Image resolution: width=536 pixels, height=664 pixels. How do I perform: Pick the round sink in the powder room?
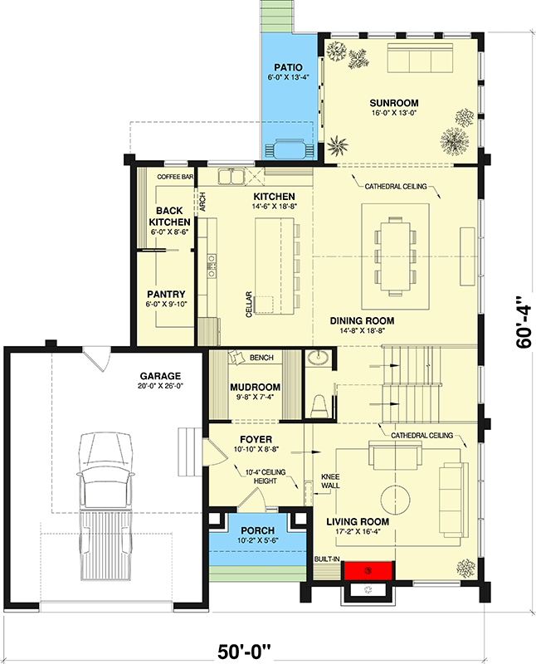point(318,359)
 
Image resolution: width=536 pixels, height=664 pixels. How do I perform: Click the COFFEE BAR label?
point(175,177)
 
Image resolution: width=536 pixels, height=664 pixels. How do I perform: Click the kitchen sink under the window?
point(232,176)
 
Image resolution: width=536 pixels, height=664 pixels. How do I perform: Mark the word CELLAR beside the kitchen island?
point(248,305)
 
